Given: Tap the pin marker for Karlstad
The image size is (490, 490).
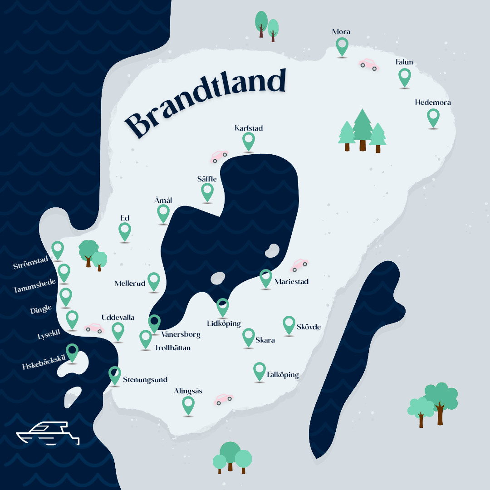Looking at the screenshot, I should tap(249, 141).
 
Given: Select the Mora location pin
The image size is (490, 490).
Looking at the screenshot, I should tap(342, 46).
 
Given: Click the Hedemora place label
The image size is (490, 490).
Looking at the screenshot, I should tap(433, 103).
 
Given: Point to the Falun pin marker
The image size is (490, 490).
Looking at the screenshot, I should tap(404, 77).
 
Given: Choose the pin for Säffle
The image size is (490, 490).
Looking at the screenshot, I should tap(207, 191).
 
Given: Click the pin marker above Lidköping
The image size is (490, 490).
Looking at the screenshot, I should tap(223, 306).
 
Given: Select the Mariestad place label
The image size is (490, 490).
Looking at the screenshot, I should tap(291, 282).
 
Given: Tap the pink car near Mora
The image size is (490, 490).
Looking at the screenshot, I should tap(368, 64).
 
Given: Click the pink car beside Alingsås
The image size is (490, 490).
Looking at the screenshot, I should tap(223, 399).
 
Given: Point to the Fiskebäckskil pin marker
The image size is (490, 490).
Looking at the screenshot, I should tap(72, 352).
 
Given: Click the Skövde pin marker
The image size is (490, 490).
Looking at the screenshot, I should tap(289, 324).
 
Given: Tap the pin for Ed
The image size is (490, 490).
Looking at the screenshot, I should tap(125, 230).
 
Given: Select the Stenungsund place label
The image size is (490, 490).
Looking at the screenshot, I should tap(145, 380).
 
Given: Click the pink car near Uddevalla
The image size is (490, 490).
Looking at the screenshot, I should tap(94, 328).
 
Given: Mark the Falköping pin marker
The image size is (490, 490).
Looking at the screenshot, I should tap(260, 370).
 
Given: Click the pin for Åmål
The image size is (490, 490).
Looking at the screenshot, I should tap(163, 212).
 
